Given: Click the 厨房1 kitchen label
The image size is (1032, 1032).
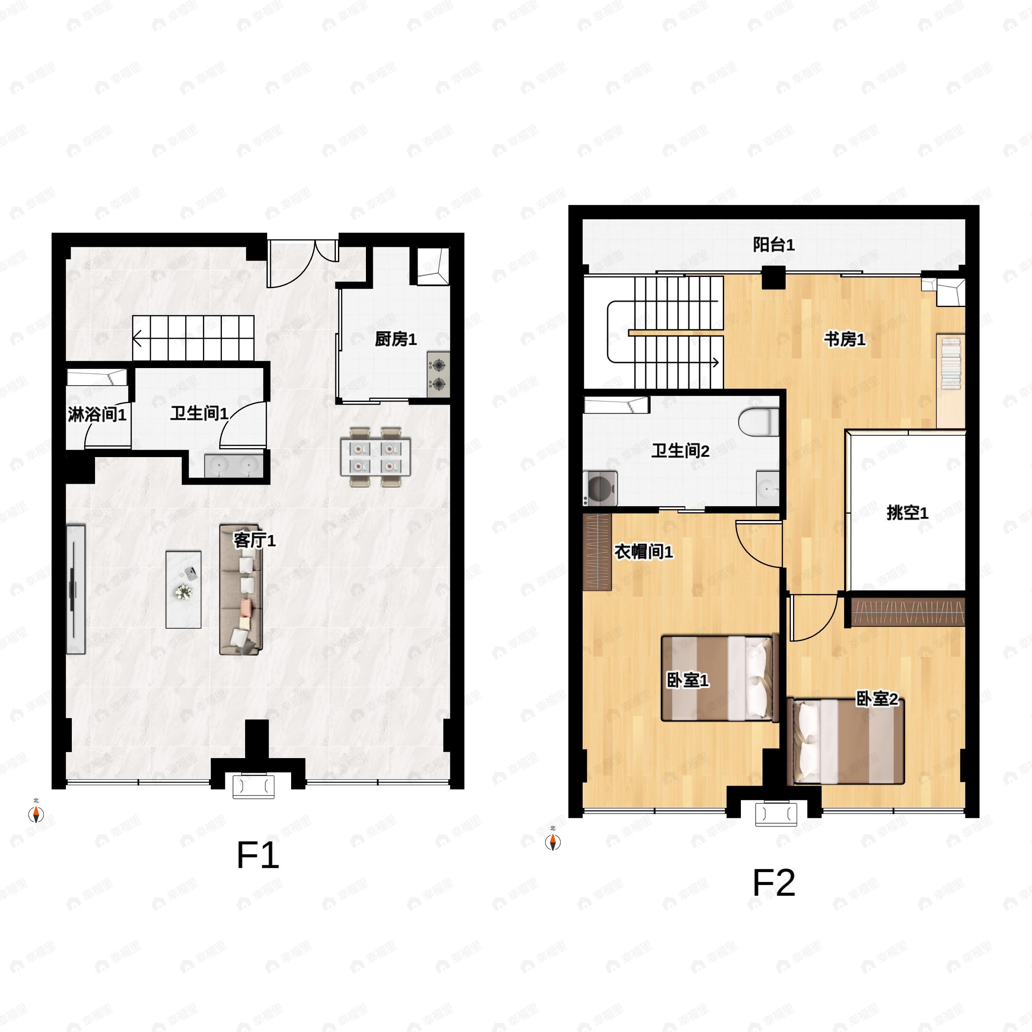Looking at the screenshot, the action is [x=395, y=339].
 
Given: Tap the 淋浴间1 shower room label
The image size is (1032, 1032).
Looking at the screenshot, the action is [x=97, y=414].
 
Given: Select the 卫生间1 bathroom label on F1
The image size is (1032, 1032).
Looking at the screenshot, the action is [x=199, y=413].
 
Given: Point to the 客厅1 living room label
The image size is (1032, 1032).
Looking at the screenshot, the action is [x=255, y=541].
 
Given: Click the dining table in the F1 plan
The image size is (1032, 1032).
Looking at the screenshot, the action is [x=375, y=457].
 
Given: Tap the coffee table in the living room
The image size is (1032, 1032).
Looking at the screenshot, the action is [x=183, y=589].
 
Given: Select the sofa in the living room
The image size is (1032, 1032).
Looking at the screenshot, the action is [x=241, y=589].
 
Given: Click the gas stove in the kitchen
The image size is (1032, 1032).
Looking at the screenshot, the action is [x=438, y=375].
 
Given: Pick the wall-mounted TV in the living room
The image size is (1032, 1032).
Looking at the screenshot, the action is [x=75, y=589].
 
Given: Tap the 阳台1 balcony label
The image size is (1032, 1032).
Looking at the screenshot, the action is [x=774, y=245].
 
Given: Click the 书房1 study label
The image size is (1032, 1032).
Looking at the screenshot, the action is [x=845, y=339].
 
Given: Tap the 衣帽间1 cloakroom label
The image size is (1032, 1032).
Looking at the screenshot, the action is [x=643, y=551].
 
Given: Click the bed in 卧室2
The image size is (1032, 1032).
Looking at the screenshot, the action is [x=845, y=741].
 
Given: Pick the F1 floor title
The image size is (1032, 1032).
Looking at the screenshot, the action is [x=258, y=855].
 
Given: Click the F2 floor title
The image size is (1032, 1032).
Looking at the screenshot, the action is [x=774, y=883].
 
